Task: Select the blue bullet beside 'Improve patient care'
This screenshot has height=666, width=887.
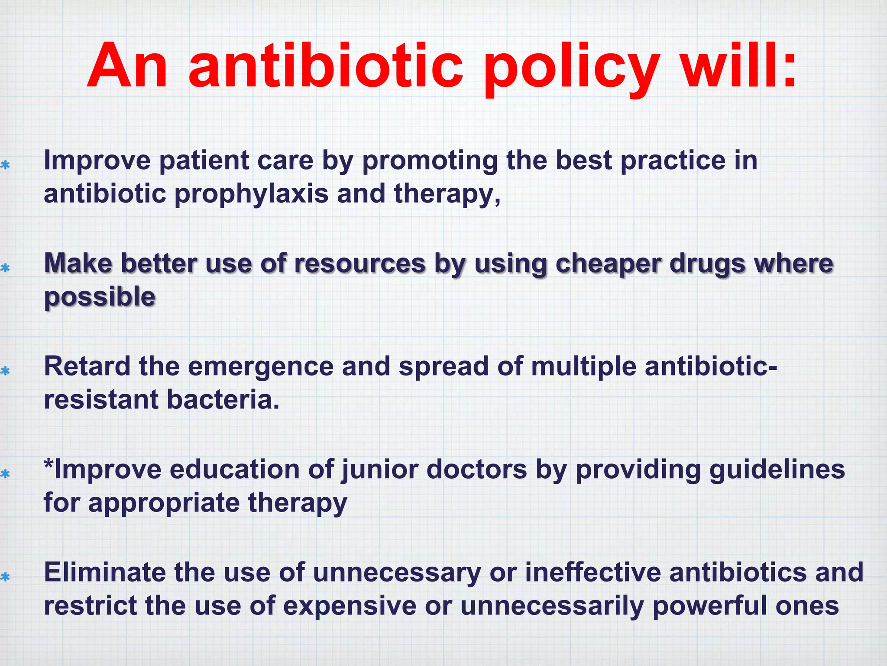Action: pyautogui.click(x=5, y=165)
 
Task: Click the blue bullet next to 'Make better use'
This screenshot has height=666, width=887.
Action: pyautogui.click(x=5, y=268)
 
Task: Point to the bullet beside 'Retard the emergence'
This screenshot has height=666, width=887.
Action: pyautogui.click(x=5, y=371)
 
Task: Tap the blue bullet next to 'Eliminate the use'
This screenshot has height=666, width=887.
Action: pyautogui.click(x=5, y=577)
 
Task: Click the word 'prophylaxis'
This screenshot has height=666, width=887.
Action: pyautogui.click(x=251, y=194)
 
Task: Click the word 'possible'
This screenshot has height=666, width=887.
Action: pyautogui.click(x=100, y=297)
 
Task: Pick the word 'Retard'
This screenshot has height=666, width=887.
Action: pyautogui.click(x=87, y=366)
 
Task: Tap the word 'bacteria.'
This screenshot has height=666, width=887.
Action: pyautogui.click(x=223, y=399)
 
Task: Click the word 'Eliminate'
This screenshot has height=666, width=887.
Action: pyautogui.click(x=104, y=572)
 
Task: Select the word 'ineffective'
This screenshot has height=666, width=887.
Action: pyautogui.click(x=593, y=572)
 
